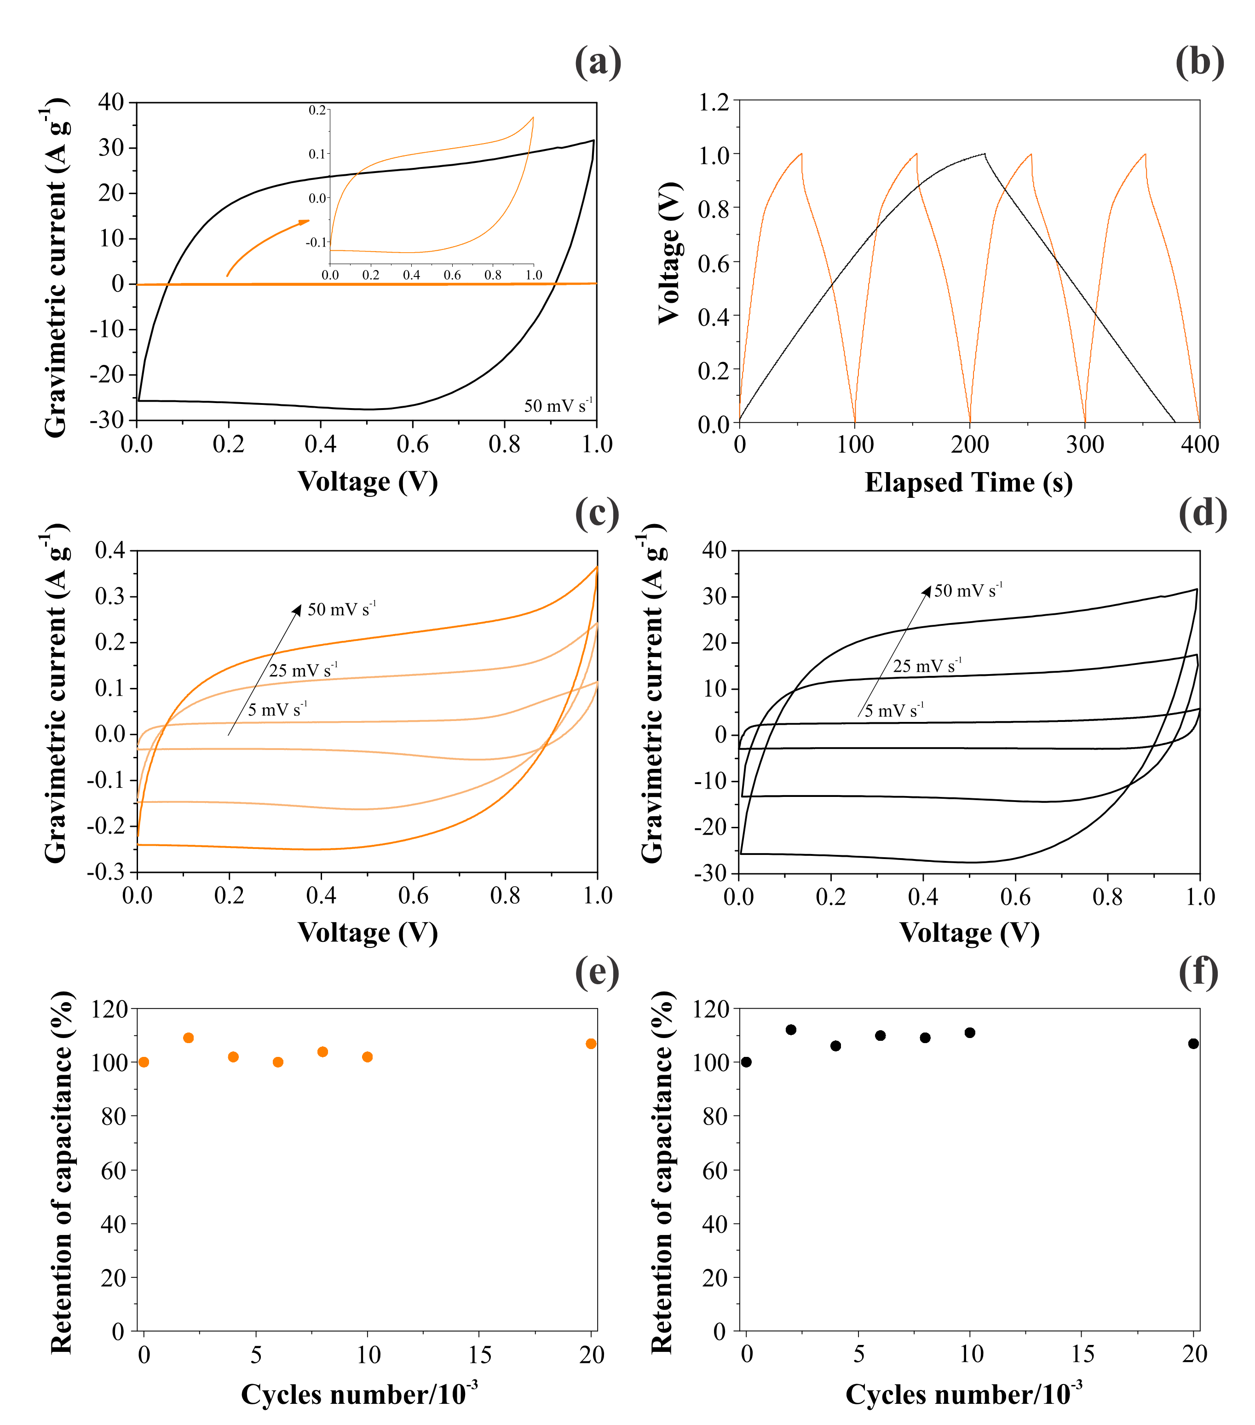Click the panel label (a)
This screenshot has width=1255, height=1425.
tap(598, 62)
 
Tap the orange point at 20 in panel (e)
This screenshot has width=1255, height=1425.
tap(591, 1044)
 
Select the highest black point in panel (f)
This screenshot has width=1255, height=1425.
tap(791, 1030)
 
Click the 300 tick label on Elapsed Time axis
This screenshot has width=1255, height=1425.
tap(1085, 445)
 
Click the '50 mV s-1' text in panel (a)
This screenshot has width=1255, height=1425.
tap(558, 405)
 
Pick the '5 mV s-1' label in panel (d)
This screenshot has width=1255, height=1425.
tap(894, 710)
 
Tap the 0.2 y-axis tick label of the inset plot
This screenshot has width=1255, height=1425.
tap(317, 110)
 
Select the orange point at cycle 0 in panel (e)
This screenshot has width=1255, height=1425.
tap(144, 1062)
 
